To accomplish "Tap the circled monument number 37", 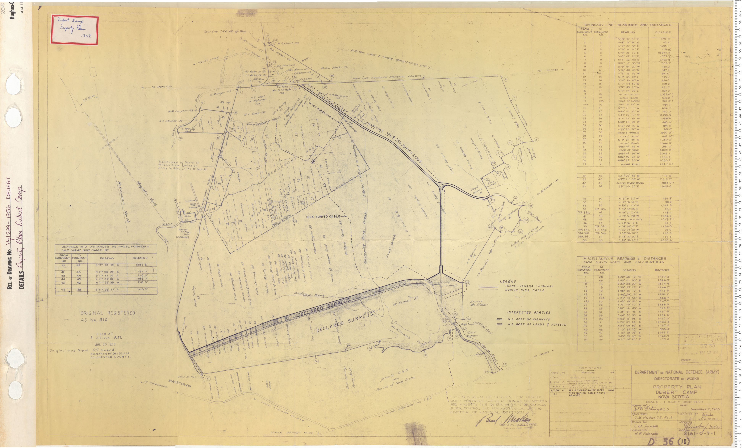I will point(208,378).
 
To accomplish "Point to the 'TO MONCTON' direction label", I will point(162,87).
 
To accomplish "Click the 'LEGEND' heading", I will point(516,281).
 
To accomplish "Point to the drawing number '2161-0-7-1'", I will point(699,434).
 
